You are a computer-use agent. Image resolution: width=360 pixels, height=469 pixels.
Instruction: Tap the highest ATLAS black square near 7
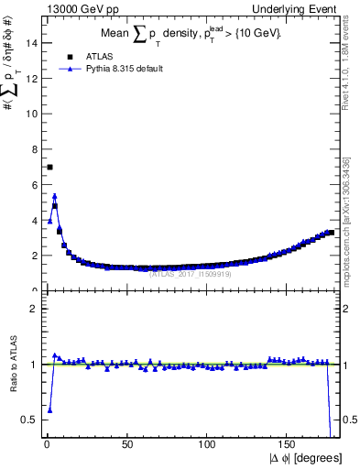49,167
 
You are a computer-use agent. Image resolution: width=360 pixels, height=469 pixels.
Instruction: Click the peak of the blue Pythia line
55,195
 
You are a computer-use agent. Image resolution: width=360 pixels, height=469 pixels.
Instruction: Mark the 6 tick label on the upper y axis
34,184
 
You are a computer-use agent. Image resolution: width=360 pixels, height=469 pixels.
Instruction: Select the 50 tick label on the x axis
126,444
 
